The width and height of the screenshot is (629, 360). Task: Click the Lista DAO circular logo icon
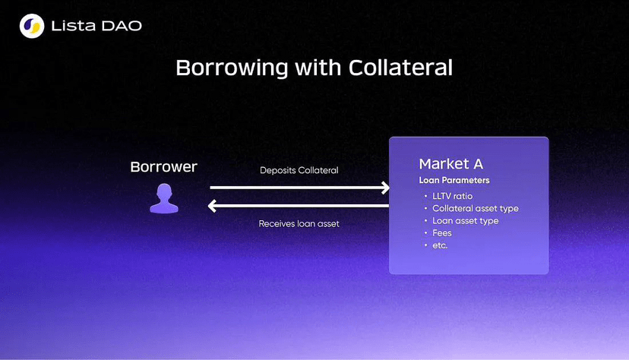tap(32, 26)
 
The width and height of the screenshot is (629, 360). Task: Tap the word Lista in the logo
tap(74, 26)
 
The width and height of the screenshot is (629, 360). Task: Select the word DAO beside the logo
tap(122, 26)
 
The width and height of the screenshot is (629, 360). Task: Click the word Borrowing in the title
tap(232, 68)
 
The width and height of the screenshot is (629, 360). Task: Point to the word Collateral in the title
tap(400, 68)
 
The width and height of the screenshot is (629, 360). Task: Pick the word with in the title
tap(318, 68)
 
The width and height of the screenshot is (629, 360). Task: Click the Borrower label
tap(163, 167)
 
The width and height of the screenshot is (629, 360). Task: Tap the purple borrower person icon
tap(164, 198)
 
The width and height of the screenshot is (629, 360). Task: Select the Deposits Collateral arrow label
tap(299, 170)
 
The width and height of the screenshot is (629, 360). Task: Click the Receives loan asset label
tap(299, 224)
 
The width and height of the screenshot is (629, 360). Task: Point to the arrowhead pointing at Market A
tap(385, 188)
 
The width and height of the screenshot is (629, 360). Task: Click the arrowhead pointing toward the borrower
tap(213, 206)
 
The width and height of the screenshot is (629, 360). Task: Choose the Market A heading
tap(451, 164)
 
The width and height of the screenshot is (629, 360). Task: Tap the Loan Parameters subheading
tap(454, 181)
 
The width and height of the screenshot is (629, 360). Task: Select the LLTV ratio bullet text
tap(453, 196)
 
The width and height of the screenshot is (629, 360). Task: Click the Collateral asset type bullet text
tap(476, 208)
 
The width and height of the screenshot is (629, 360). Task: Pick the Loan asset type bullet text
tap(466, 221)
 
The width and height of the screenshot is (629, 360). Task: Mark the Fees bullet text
tap(442, 233)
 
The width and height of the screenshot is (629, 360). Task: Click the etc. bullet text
tap(440, 245)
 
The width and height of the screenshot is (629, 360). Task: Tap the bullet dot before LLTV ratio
tap(425, 196)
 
